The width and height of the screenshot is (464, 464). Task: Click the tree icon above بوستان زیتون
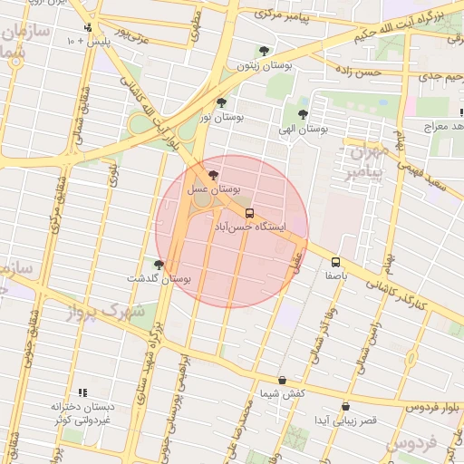pyautogui.click(x=264, y=51)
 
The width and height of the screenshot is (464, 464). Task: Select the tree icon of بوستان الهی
pyautogui.click(x=302, y=114)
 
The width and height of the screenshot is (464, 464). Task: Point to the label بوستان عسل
pyautogui.click(x=213, y=190)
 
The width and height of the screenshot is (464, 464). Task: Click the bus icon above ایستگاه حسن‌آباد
pyautogui.click(x=249, y=213)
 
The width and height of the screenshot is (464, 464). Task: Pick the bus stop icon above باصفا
pyautogui.click(x=336, y=261)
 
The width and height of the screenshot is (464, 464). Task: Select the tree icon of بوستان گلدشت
pyautogui.click(x=159, y=265)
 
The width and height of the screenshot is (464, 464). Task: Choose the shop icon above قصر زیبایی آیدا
pyautogui.click(x=345, y=407)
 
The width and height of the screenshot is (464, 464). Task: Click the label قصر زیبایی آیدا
pyautogui.click(x=344, y=421)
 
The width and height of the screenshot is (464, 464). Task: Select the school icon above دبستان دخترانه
pyautogui.click(x=82, y=392)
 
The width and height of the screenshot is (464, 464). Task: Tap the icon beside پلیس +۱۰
pyautogui.click(x=87, y=27)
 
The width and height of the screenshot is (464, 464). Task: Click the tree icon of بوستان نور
pyautogui.click(x=222, y=102)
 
